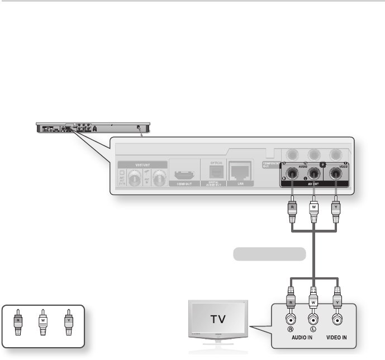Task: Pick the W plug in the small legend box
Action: point(43,322)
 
